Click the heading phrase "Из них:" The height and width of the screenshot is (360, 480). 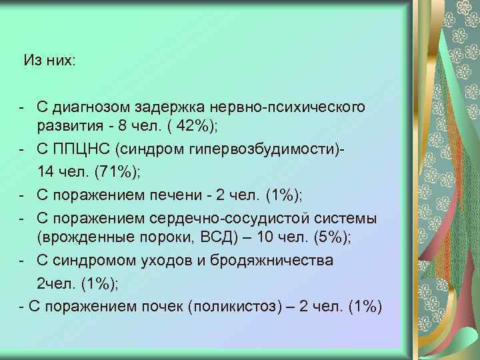(x=50, y=61)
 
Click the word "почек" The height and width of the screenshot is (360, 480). (x=163, y=306)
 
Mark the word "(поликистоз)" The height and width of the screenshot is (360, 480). (x=233, y=306)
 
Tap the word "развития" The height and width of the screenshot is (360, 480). (x=69, y=127)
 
